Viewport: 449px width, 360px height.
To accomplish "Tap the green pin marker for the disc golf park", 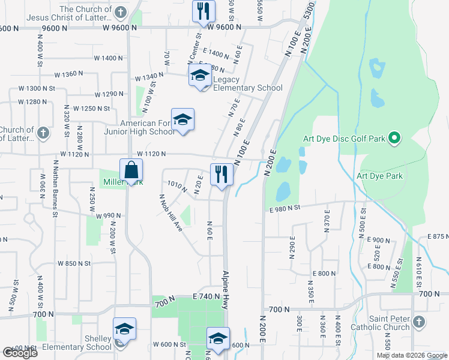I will [x=394, y=139].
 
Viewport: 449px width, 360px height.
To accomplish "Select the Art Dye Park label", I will [x=379, y=176].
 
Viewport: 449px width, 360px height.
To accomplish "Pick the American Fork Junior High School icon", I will [x=182, y=119].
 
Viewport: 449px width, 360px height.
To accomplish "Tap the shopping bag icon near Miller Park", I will [x=131, y=170].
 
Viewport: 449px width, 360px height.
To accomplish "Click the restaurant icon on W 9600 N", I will [x=203, y=11].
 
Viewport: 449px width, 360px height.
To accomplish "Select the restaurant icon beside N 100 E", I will [x=221, y=175].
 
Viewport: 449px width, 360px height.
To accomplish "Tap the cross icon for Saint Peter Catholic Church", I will [x=419, y=323].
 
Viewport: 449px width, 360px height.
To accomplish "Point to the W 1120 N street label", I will [x=151, y=154].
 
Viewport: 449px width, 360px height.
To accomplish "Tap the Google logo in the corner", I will [x=20, y=353].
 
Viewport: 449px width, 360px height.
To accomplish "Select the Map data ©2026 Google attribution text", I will [x=411, y=355].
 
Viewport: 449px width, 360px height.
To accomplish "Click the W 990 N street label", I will [x=108, y=215].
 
